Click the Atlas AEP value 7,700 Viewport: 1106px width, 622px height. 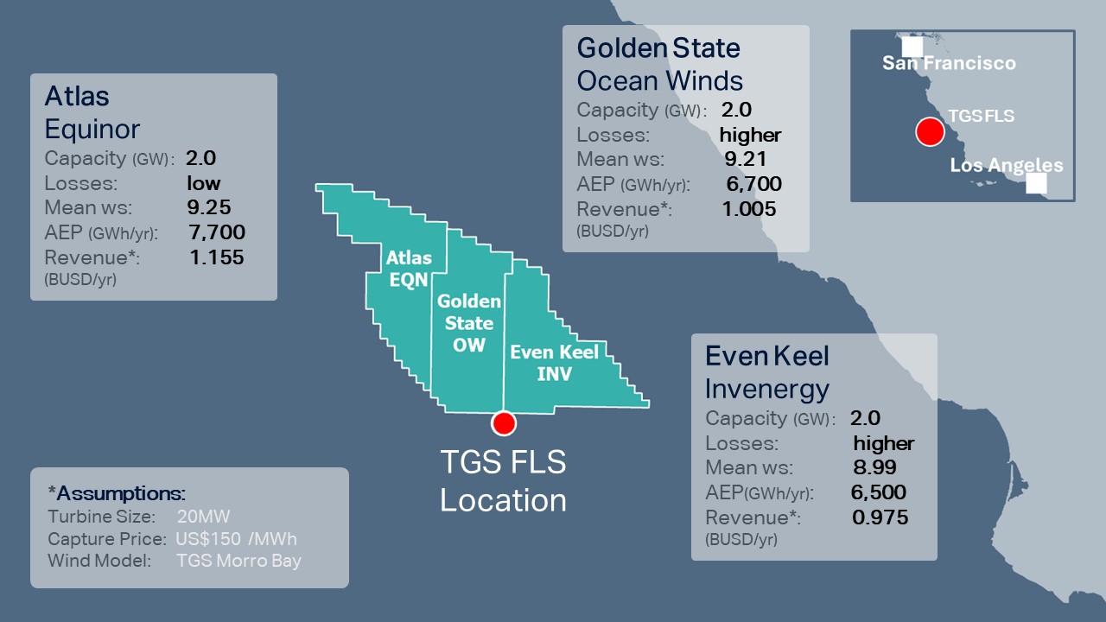coord(217,232)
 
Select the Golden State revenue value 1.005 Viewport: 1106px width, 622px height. coord(749,209)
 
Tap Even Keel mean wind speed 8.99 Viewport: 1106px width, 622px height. coord(874,467)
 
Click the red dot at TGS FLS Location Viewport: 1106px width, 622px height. coord(504,422)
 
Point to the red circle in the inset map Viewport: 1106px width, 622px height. coord(930,132)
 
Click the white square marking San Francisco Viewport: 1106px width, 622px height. coord(912,47)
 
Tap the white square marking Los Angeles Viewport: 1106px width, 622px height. coord(1036,183)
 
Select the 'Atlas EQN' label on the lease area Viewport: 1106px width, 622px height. coord(408,269)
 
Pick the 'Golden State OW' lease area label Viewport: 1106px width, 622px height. coord(469,323)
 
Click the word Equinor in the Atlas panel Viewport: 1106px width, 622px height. coord(92,130)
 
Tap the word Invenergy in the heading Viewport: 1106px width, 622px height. coord(767,390)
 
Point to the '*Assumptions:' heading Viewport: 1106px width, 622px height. coord(117,493)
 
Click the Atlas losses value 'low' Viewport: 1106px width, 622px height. coord(204,183)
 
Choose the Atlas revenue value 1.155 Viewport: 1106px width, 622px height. coord(217,257)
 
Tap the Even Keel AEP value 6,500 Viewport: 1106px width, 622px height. coord(879,492)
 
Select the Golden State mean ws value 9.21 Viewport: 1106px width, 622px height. coord(746,159)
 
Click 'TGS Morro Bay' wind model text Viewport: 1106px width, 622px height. coord(238,561)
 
